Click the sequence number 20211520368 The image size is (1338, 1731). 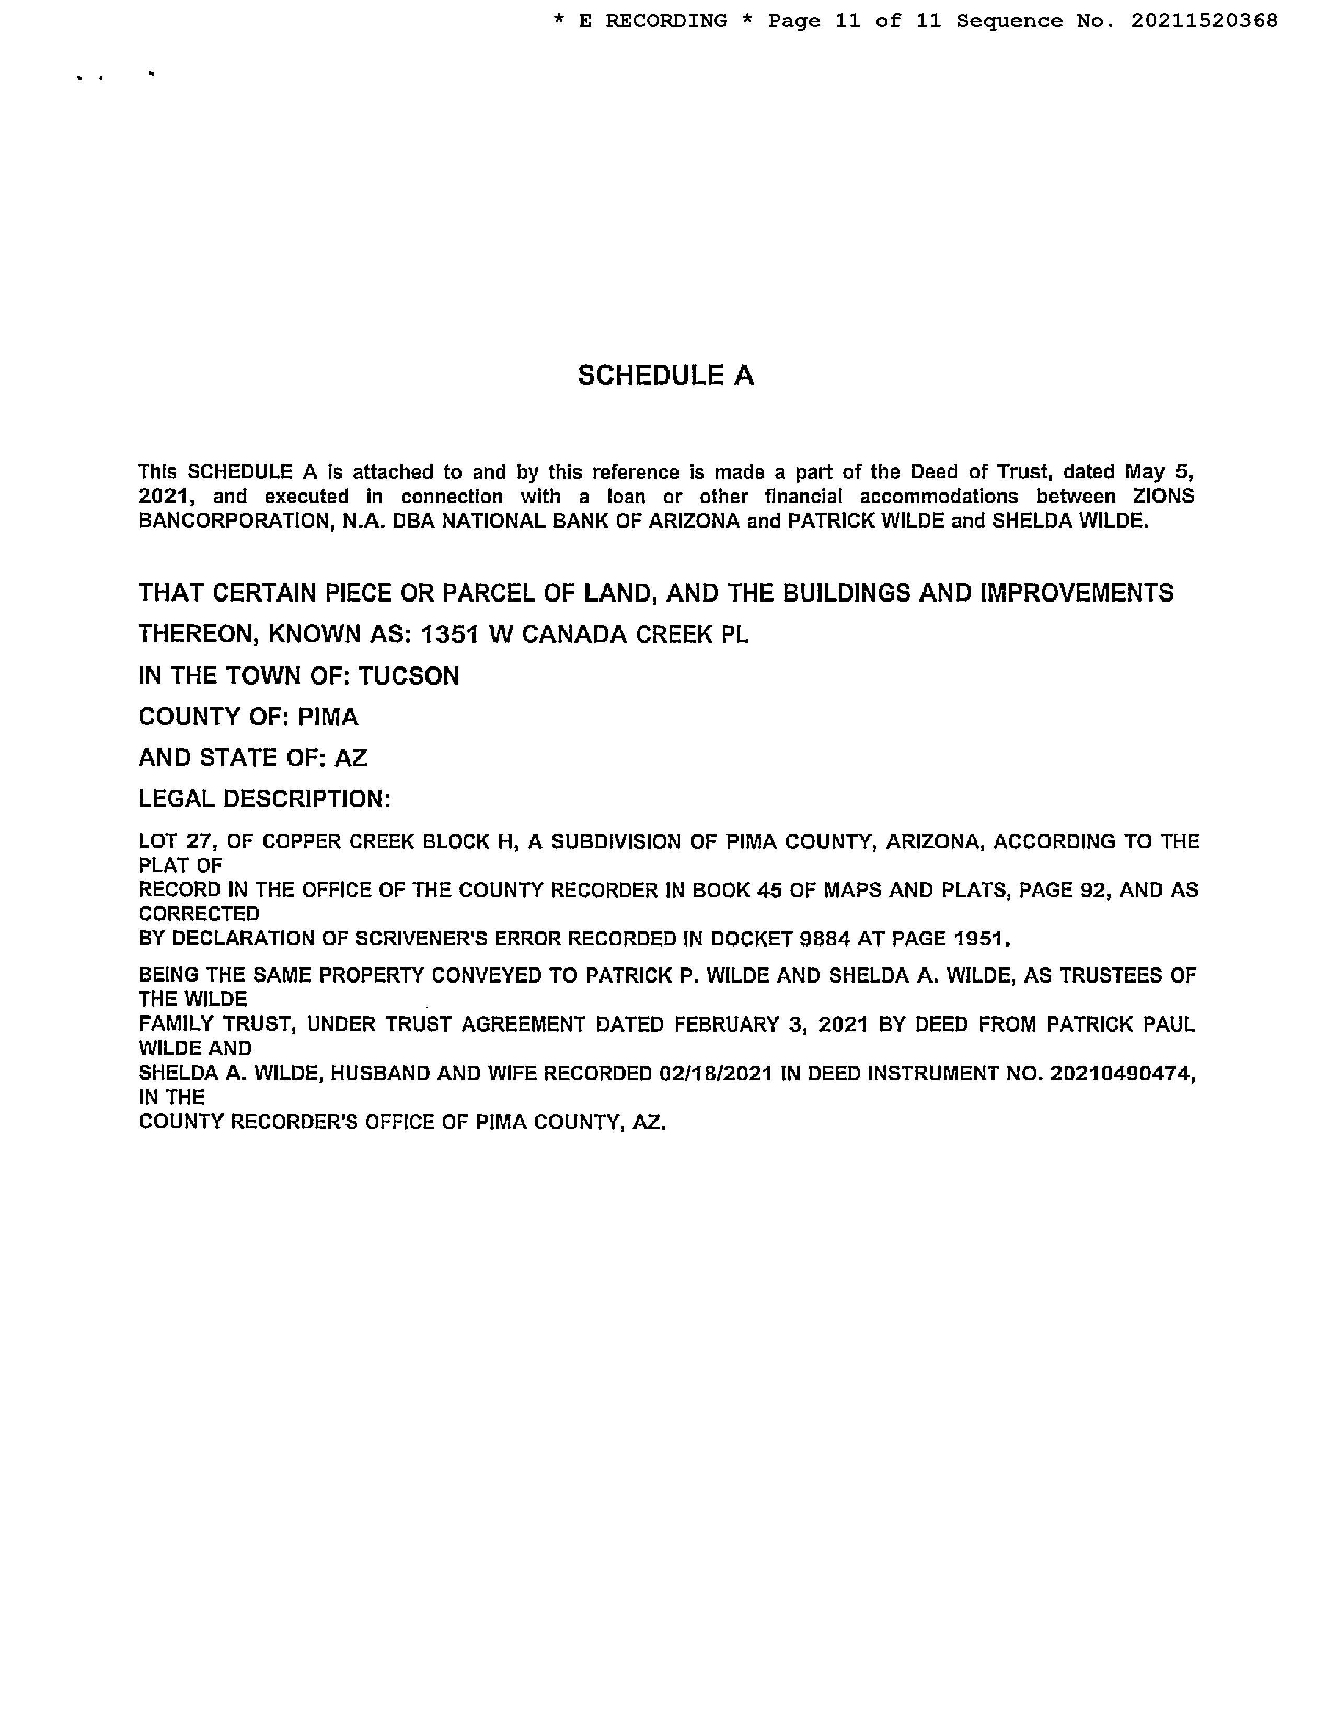[x=1204, y=20]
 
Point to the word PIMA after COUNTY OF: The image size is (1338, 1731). [x=328, y=717]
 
